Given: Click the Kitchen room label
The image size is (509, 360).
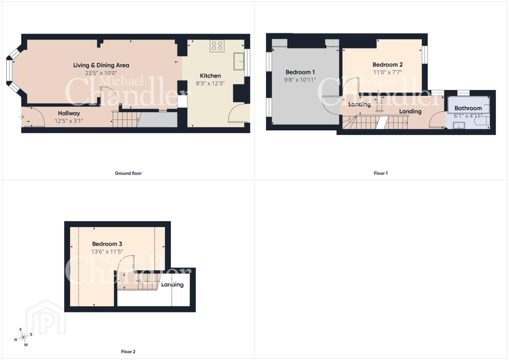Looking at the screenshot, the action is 210,76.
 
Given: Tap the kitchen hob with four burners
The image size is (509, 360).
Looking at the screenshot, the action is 217,46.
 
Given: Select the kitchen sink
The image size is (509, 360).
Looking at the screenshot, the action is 239,61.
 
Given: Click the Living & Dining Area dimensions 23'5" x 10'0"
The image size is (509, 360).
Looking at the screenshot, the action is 101,73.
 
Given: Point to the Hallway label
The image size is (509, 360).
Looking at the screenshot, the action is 69,113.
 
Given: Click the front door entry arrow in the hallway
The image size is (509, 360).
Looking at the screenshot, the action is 22,117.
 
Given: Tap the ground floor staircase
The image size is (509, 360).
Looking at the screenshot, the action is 126,120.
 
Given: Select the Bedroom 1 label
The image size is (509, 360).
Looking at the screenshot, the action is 300,72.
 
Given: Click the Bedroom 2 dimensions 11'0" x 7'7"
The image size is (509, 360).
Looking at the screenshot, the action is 387,72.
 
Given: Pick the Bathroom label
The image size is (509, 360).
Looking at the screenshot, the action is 468,108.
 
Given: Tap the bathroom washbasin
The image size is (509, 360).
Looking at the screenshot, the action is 459,125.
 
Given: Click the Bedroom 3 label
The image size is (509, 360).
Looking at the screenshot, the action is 107,244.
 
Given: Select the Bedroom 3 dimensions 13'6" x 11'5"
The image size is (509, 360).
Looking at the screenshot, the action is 107,252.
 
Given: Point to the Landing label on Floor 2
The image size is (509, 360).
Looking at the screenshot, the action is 172,285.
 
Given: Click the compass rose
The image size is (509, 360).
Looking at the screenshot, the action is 23,337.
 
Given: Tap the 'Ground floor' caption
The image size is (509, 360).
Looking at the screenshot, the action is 128,173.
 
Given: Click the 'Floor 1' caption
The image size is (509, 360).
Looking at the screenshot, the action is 381,173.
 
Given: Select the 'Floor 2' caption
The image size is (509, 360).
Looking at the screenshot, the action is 128,352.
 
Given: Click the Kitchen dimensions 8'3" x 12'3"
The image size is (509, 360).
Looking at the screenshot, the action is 210,83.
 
